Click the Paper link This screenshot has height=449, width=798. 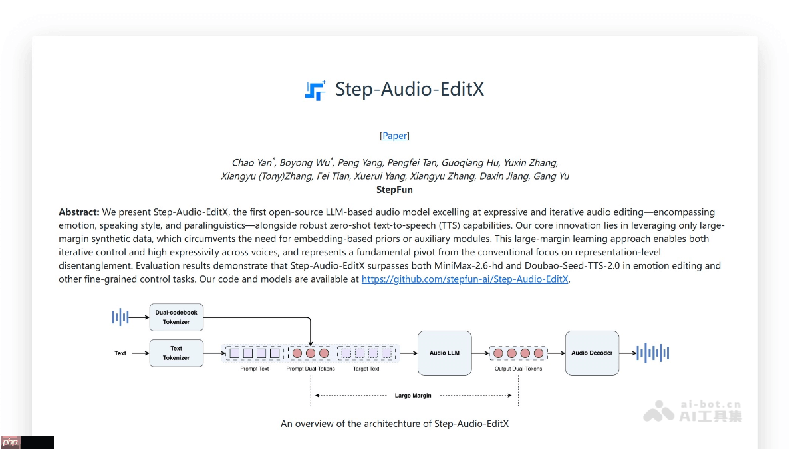pyautogui.click(x=394, y=136)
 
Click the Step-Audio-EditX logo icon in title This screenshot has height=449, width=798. pyautogui.click(x=315, y=90)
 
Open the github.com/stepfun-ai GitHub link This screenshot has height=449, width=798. pyautogui.click(x=465, y=279)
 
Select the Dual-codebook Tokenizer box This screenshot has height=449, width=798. pyautogui.click(x=176, y=317)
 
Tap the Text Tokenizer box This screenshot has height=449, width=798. pyautogui.click(x=176, y=353)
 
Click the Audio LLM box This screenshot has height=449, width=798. pyautogui.click(x=444, y=353)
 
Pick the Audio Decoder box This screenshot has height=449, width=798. pyautogui.click(x=592, y=353)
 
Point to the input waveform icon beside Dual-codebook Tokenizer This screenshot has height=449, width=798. pyautogui.click(x=120, y=317)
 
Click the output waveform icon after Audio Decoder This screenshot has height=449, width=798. pyautogui.click(x=652, y=353)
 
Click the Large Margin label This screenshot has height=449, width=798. pyautogui.click(x=413, y=396)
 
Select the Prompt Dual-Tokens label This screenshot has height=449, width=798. pyautogui.click(x=311, y=369)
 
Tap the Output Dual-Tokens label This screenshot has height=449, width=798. pyautogui.click(x=518, y=369)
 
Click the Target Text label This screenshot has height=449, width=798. pyautogui.click(x=366, y=369)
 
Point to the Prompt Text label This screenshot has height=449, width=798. pyautogui.click(x=255, y=369)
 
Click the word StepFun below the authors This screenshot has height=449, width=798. pyautogui.click(x=394, y=190)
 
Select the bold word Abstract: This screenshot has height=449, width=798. pyautogui.click(x=78, y=212)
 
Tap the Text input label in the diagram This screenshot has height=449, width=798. pyautogui.click(x=120, y=353)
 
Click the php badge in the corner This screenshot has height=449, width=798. pyautogui.click(x=11, y=442)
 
